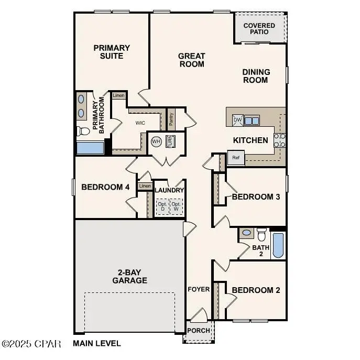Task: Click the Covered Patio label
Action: click(259, 28)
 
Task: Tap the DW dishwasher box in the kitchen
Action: click(237, 120)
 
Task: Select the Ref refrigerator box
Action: click(236, 157)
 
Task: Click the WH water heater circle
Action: click(156, 141)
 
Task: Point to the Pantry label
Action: click(171, 118)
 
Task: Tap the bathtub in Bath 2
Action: click(278, 245)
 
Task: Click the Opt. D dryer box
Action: click(161, 206)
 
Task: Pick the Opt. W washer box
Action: click(176, 206)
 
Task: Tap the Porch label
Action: click(199, 331)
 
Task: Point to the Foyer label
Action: click(199, 289)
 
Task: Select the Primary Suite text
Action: click(112, 51)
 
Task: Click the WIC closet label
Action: click(140, 123)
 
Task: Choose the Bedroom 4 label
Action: click(105, 187)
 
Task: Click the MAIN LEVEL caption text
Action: click(97, 344)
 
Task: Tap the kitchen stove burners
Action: click(280, 139)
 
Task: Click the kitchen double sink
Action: click(252, 121)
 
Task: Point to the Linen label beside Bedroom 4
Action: click(145, 186)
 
